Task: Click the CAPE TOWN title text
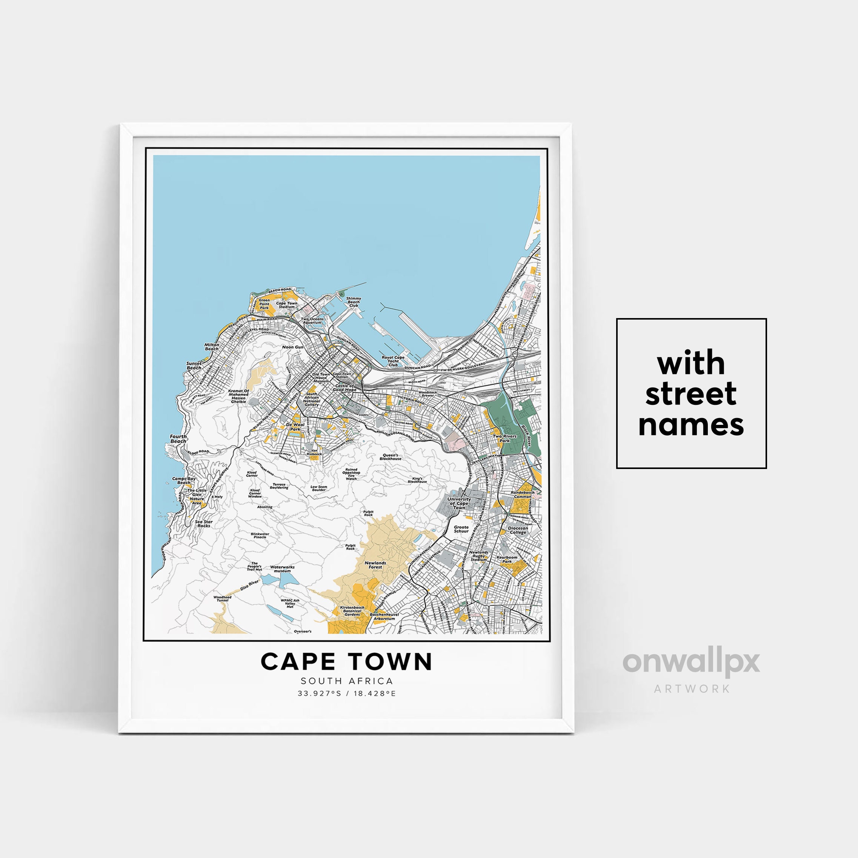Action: click(346, 662)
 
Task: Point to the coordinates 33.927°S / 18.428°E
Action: click(346, 693)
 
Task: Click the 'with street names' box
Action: click(691, 394)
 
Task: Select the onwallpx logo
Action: click(691, 663)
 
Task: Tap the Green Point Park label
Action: click(264, 304)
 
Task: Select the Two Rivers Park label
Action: click(504, 438)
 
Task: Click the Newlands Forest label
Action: click(375, 565)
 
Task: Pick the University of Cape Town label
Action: click(459, 503)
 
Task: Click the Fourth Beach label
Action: click(178, 439)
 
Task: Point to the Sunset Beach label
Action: click(194, 366)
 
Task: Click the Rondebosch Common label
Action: click(523, 494)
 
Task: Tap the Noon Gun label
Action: click(293, 347)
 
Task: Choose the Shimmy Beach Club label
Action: click(354, 302)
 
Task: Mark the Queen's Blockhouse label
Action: click(391, 457)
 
